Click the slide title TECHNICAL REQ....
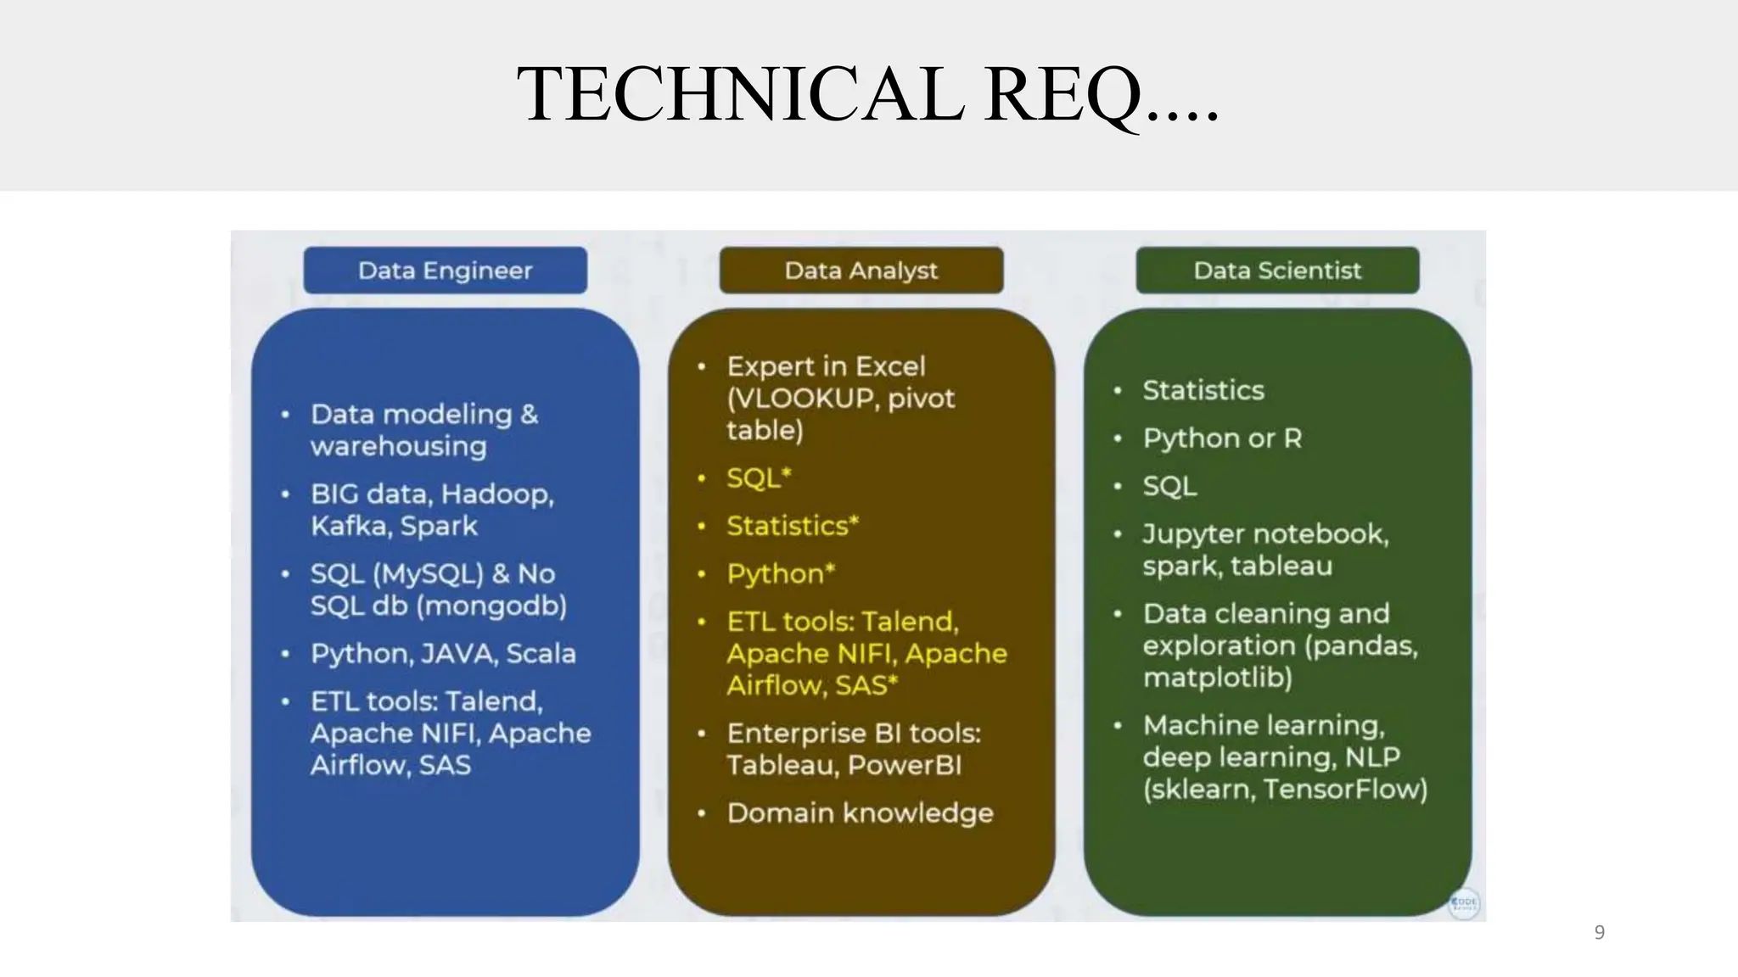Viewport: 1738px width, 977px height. [867, 95]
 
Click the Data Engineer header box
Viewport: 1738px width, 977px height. [445, 271]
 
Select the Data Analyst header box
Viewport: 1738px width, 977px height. [861, 271]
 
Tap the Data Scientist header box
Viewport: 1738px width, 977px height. [1276, 271]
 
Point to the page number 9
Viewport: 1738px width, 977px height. [1599, 932]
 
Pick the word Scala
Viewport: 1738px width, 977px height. [541, 654]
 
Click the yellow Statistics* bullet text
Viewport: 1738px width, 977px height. [792, 526]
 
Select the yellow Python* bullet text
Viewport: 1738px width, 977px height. [780, 574]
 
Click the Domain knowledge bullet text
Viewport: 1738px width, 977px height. [860, 813]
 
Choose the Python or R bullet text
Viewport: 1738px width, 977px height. [1221, 438]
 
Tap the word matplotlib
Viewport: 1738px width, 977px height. [1217, 678]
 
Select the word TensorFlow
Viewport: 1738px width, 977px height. [1344, 790]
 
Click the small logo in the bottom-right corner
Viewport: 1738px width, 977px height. [1464, 903]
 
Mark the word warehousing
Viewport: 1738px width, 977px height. [398, 447]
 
